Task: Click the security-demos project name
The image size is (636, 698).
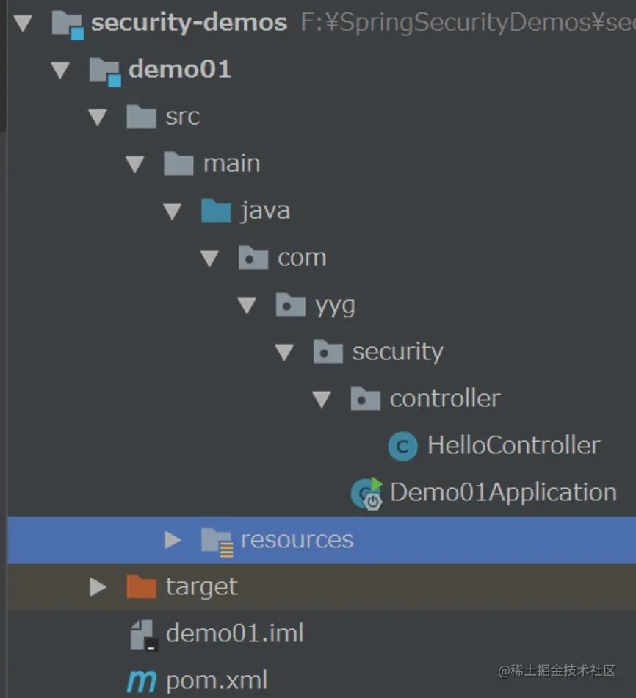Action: point(189,23)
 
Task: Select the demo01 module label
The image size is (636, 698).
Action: point(179,70)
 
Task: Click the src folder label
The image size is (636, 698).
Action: point(182,117)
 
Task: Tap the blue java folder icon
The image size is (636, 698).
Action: point(216,211)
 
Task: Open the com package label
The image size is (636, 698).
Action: point(301,258)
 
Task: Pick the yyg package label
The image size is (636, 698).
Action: point(335,305)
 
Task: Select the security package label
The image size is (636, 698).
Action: point(397,352)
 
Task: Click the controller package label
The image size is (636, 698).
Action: point(444,399)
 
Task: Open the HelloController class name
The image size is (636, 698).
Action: point(513,446)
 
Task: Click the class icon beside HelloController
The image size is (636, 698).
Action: point(402,446)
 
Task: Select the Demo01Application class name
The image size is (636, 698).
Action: point(503,493)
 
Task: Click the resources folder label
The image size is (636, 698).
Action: point(297,540)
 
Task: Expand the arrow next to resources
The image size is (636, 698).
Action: point(173,540)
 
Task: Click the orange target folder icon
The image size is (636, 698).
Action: point(141,587)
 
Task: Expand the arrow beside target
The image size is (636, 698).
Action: point(98,587)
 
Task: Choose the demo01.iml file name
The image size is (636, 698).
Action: point(234,633)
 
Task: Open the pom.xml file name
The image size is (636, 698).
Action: point(217,680)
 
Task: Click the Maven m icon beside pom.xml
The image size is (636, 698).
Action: point(141,681)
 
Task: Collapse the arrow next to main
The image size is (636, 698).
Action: point(135,164)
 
